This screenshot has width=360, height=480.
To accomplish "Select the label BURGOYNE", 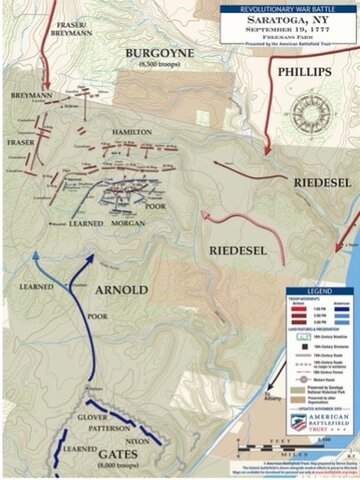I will pos(154,58).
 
